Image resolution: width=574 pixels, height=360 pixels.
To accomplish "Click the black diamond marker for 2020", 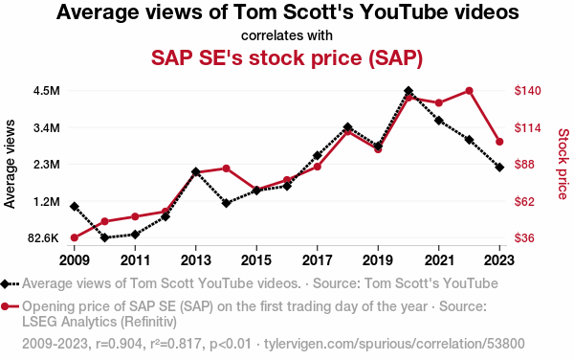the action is point(408,90).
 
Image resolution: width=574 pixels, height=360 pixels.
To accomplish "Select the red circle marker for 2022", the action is point(469,91).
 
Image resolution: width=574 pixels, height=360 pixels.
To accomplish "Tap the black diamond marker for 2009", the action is point(75,207).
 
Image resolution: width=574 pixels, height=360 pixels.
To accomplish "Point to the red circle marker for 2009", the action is point(75,237).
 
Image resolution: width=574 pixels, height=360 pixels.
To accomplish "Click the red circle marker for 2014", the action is point(226,169).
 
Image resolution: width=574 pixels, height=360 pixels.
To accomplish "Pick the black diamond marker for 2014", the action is point(226,203).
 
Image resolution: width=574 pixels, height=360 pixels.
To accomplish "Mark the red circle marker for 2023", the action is point(499,142).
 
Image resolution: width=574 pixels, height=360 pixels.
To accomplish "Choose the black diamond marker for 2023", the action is point(499,168).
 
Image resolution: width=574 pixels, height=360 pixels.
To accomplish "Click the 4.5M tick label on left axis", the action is point(47,90).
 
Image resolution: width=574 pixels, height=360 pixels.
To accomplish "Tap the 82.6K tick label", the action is point(43,238).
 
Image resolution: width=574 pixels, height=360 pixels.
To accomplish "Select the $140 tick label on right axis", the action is point(527,90).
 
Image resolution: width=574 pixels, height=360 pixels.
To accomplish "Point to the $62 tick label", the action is point(524,201).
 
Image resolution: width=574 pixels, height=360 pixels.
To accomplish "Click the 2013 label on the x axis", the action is point(196,260).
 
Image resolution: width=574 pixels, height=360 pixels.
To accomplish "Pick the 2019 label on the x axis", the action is point(378,260).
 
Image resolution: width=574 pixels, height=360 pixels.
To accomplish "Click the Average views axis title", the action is point(10,164).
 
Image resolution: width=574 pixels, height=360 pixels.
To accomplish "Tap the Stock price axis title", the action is point(563,164).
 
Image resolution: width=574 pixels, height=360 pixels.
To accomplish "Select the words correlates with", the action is point(287,35).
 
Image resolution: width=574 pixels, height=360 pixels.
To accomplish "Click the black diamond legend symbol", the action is point(10,283).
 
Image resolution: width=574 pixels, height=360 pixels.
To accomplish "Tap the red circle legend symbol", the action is point(10,306).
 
